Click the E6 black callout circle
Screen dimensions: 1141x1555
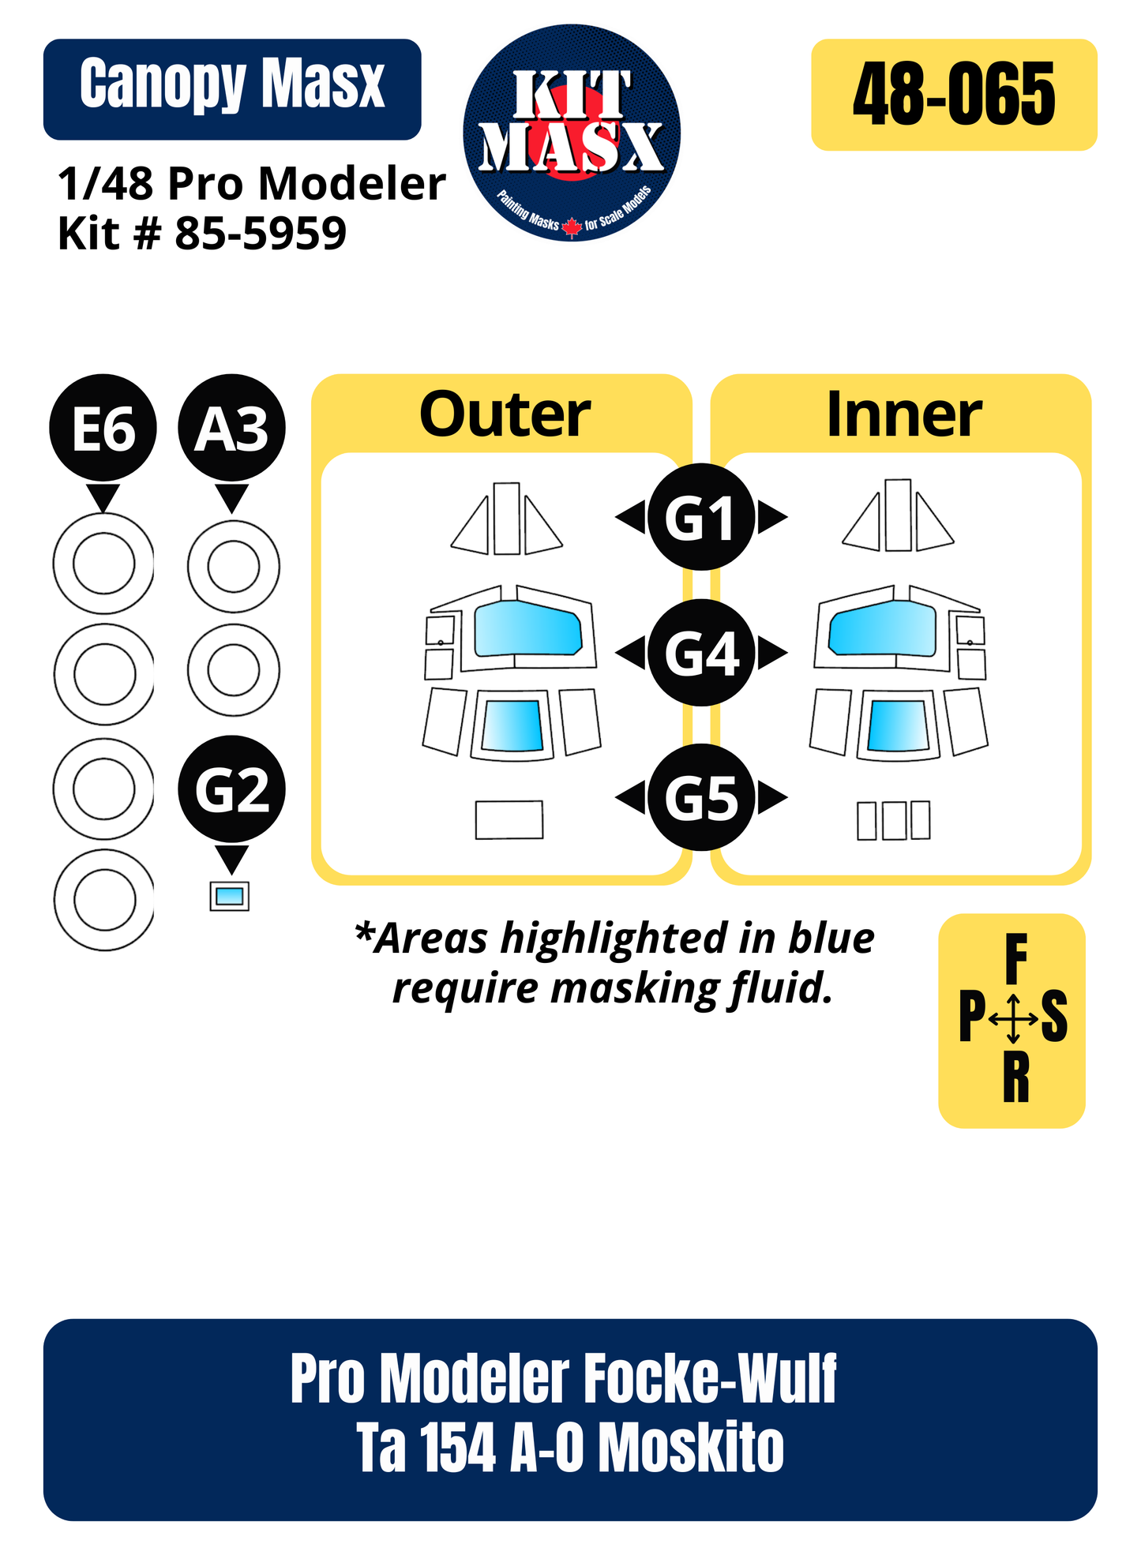[x=103, y=427]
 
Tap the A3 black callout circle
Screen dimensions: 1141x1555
[x=231, y=427]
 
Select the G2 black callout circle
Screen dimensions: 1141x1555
[x=231, y=789]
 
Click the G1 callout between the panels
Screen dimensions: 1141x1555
[x=701, y=517]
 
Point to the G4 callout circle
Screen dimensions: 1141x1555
[x=701, y=653]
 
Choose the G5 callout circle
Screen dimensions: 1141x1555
[x=701, y=797]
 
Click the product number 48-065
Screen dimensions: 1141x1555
[x=954, y=96]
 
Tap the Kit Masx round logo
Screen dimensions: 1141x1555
[x=572, y=133]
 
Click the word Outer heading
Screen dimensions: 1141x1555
[x=505, y=414]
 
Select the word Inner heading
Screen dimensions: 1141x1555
[x=903, y=414]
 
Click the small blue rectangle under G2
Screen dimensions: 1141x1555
[x=230, y=896]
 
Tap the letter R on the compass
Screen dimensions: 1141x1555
[x=1015, y=1078]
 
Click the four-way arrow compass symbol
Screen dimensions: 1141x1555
[x=1014, y=1018]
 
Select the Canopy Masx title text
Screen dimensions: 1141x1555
[x=232, y=85]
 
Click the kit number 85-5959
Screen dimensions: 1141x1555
[x=261, y=234]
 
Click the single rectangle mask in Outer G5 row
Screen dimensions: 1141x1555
[x=509, y=820]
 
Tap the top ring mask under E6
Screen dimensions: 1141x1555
[x=103, y=564]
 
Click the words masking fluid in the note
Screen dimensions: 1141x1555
[x=692, y=987]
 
